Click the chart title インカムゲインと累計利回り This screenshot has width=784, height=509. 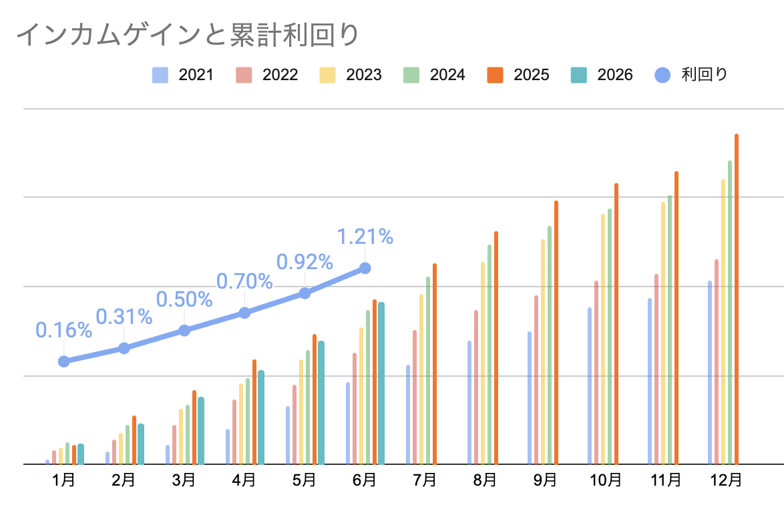pyautogui.click(x=188, y=35)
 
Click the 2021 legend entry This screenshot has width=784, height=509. pyautogui.click(x=183, y=75)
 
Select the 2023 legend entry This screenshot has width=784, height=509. pyautogui.click(x=351, y=75)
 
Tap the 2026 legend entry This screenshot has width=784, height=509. pyautogui.click(x=602, y=75)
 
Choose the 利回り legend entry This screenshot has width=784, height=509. pyautogui.click(x=691, y=75)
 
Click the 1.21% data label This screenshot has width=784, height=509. pyautogui.click(x=365, y=236)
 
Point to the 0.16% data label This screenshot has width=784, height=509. pyautogui.click(x=63, y=330)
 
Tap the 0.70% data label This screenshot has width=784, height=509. pyautogui.click(x=244, y=281)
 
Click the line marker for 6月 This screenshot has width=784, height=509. pyautogui.click(x=365, y=269)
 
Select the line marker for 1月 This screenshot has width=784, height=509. pyautogui.click(x=63, y=361)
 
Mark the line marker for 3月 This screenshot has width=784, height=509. pyautogui.click(x=184, y=331)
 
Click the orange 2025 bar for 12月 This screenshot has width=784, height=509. pyautogui.click(x=737, y=299)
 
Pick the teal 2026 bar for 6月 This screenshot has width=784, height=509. pyautogui.click(x=381, y=383)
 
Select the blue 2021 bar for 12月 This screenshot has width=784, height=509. pyautogui.click(x=709, y=373)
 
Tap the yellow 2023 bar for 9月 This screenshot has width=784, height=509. pyautogui.click(x=543, y=352)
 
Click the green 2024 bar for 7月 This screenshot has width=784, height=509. pyautogui.click(x=428, y=371)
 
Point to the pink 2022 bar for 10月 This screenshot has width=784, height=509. pyautogui.click(x=596, y=373)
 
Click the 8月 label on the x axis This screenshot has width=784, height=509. pyautogui.click(x=485, y=480)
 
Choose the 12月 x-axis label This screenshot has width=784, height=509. pyautogui.click(x=726, y=480)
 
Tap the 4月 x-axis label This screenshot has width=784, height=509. pyautogui.click(x=244, y=480)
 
